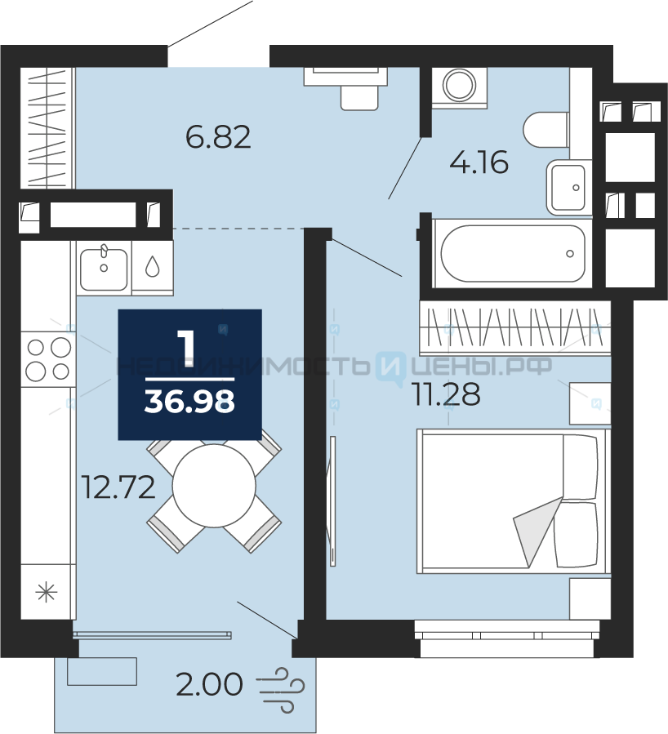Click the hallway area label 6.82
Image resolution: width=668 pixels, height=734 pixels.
pos(218,136)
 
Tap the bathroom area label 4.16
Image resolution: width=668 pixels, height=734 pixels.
pos(479,162)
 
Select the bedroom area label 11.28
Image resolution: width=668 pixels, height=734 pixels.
pos(446,394)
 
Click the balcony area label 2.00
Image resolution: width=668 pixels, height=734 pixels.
pos(209,684)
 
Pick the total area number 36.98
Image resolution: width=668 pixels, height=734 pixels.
pos(189,402)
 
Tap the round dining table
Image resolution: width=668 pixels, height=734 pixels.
pos(214,486)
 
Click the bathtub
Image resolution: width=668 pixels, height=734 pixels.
pos(513,253)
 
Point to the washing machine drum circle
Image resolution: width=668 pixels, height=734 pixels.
pos(459,86)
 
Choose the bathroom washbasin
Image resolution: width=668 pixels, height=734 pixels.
pos(568,187)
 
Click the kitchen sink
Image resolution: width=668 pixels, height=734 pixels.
pos(104,269)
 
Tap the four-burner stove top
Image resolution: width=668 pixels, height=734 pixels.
pos(48,359)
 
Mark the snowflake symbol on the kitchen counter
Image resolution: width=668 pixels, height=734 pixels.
pos(47,592)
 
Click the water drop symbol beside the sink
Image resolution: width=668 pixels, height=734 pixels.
pos(152,266)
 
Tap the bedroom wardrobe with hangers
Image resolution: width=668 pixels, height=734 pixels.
pos(515,327)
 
